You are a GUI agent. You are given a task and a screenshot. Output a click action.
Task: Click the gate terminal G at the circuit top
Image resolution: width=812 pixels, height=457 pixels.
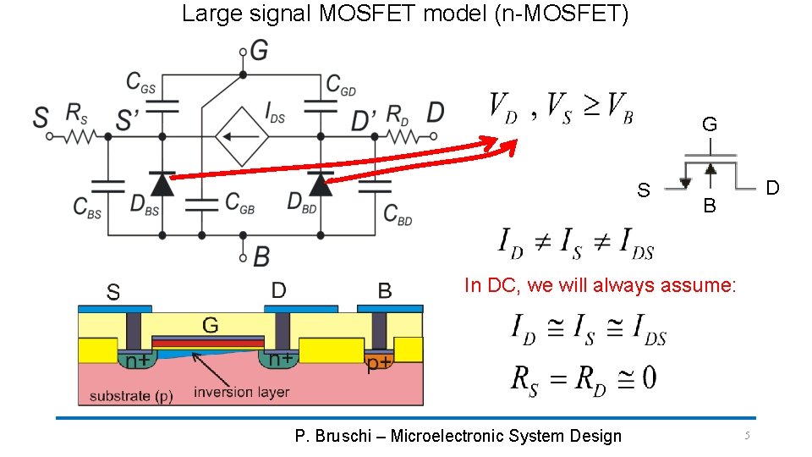258,51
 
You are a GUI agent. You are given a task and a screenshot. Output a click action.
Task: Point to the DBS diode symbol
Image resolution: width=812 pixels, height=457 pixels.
161,184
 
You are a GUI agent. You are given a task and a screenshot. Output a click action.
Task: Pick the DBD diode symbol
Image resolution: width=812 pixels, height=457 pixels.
320,184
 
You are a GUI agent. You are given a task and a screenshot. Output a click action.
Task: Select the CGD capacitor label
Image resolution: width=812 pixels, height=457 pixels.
341,83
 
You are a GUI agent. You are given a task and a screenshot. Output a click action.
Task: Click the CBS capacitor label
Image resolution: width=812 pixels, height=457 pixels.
87,207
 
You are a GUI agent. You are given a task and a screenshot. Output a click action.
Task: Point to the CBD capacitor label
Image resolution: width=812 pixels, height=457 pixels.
398,214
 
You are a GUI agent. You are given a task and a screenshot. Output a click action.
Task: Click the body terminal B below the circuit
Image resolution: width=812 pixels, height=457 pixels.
261,256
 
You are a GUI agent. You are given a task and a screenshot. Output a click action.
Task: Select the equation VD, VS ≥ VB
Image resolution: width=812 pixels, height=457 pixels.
561,107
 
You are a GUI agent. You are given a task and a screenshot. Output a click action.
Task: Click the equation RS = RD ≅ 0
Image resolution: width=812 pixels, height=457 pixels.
583,377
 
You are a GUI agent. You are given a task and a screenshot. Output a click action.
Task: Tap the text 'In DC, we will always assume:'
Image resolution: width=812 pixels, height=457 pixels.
600,285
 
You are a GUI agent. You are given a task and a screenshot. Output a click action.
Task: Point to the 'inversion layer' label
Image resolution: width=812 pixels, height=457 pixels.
241,392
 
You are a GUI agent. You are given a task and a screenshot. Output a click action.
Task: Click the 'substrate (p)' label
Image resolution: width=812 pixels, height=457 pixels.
131,395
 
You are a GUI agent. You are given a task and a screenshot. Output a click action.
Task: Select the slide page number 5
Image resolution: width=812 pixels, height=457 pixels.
747,435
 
